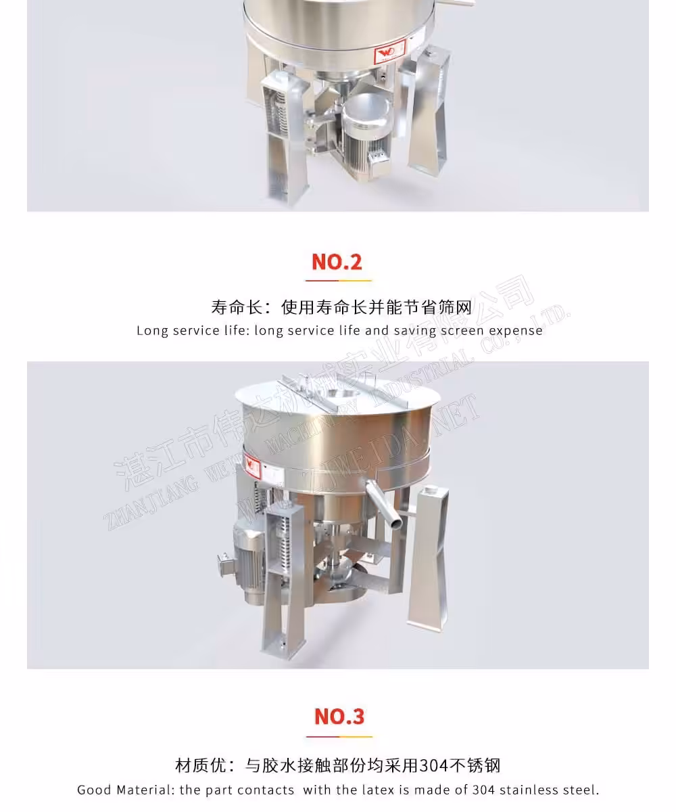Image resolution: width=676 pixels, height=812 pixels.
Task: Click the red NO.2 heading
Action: click(337, 261)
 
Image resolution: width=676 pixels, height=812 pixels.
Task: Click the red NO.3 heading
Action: click(339, 716)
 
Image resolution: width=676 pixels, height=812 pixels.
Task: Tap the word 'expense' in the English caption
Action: click(516, 331)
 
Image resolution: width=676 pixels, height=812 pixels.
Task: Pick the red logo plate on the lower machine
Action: click(253, 466)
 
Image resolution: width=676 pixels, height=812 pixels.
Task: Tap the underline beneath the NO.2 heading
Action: click(338, 279)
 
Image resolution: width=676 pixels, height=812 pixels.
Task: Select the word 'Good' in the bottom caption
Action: click(94, 790)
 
